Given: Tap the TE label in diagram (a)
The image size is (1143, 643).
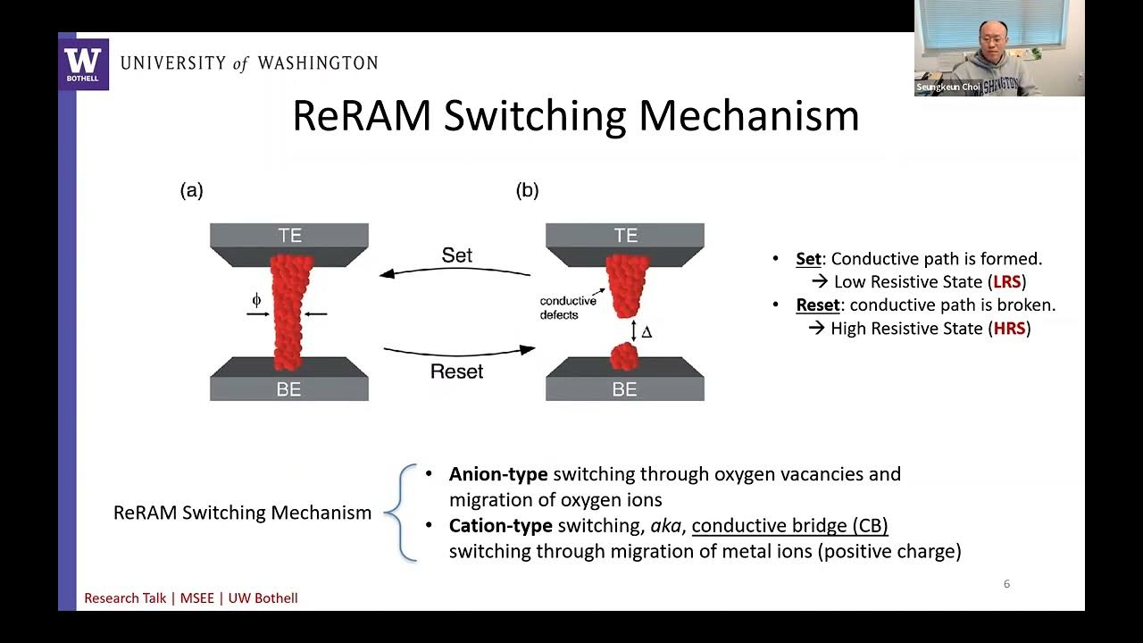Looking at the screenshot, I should click(x=289, y=235).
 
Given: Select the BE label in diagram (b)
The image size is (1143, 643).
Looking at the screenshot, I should click(x=624, y=389).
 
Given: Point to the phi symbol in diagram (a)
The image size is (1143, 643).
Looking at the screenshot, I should click(x=256, y=301).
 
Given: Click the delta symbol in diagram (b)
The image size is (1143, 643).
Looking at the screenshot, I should click(x=647, y=332).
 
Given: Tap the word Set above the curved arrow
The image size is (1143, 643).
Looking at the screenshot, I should click(x=456, y=255).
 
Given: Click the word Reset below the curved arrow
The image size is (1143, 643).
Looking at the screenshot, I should click(x=456, y=371).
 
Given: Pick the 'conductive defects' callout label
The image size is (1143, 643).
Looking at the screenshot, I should click(x=567, y=308).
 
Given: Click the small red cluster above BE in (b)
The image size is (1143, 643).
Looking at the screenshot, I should click(x=624, y=357).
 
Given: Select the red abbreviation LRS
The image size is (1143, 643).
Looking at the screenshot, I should click(x=1007, y=282).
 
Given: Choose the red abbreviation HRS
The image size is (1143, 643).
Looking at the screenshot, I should click(x=1010, y=329).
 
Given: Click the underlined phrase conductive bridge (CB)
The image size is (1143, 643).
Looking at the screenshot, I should click(x=789, y=526).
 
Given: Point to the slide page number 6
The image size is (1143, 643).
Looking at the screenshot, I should click(x=1006, y=584).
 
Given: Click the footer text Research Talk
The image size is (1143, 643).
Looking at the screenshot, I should click(x=125, y=598).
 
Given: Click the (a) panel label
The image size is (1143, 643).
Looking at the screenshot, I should click(x=191, y=190).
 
